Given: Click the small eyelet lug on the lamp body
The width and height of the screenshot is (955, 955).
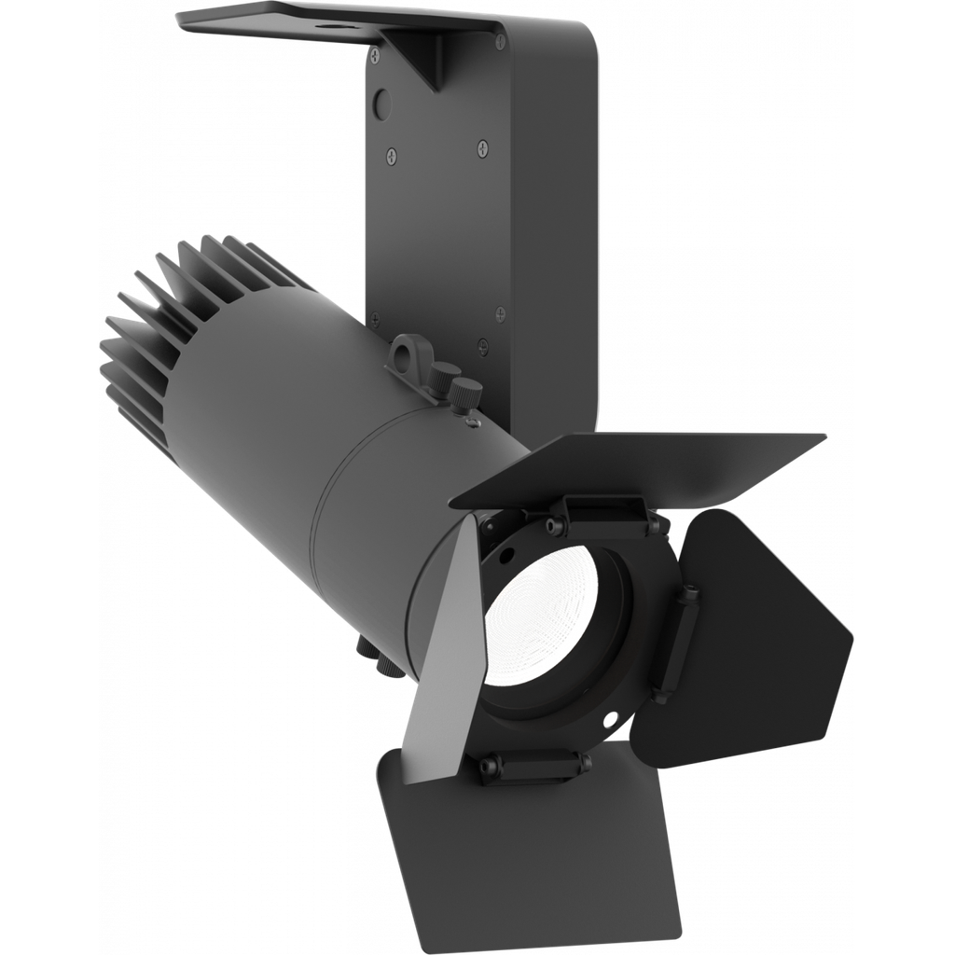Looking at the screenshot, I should (407, 353).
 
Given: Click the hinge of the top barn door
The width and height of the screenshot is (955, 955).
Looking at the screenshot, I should (605, 509).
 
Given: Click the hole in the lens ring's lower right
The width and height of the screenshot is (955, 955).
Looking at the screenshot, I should (610, 720).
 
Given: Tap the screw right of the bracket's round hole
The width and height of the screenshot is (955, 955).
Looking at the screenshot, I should (482, 145).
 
